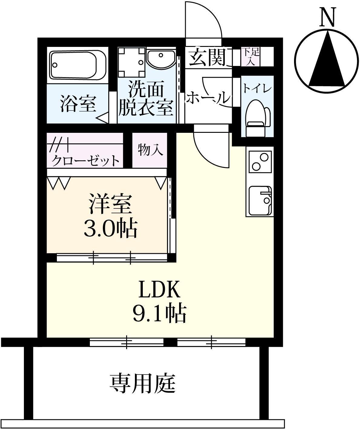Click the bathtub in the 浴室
[78, 65]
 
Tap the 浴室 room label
[78, 104]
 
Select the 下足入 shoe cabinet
[250, 57]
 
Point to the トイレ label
[257, 89]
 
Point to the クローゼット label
[86, 160]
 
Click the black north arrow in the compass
[327, 61]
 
